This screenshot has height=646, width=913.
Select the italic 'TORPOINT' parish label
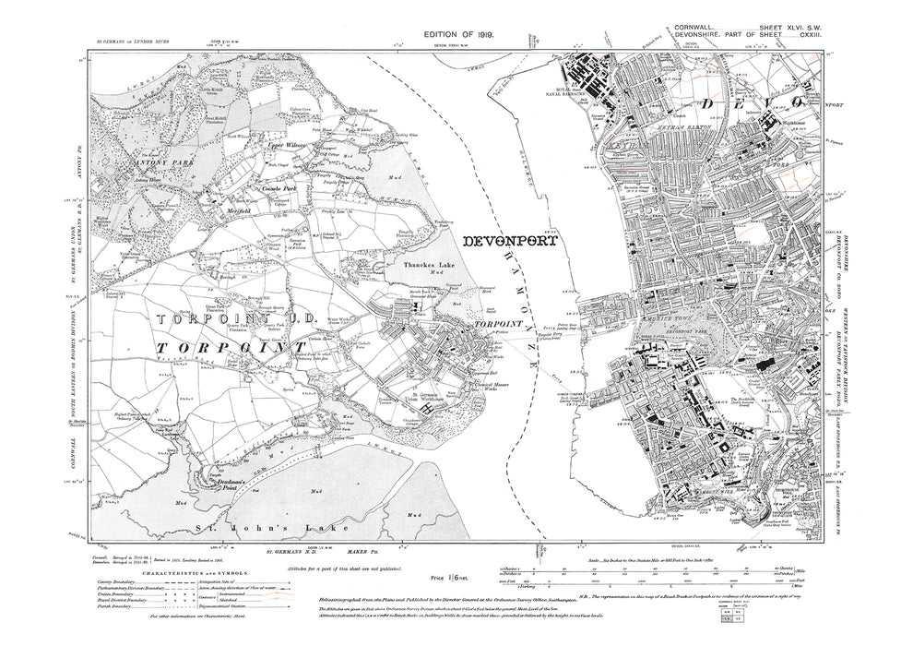223,347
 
